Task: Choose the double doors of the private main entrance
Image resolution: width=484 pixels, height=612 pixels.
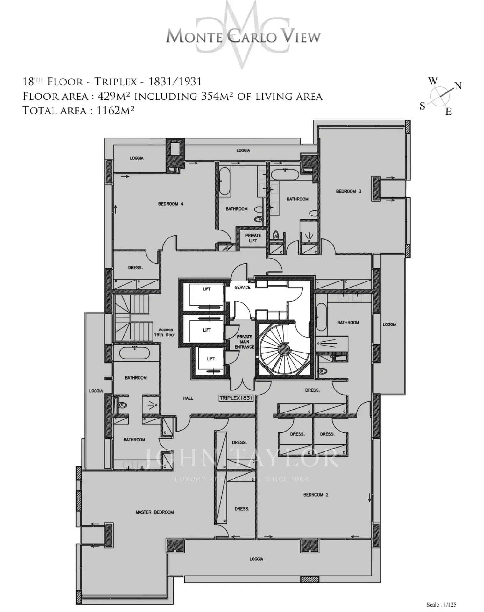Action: point(243,384)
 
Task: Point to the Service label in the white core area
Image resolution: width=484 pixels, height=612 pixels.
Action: point(243,287)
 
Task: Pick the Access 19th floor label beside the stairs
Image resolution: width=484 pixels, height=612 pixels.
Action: point(166,332)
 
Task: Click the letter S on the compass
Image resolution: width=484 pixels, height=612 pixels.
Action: point(423,106)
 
